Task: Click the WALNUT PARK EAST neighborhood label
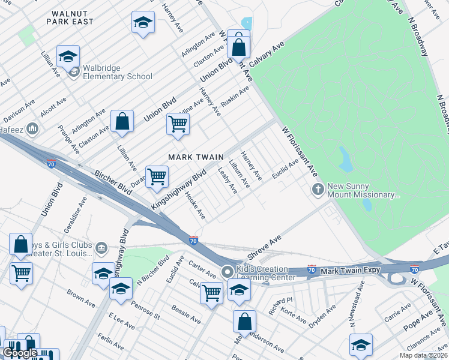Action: (x=72, y=17)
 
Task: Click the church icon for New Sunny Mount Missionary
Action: (x=318, y=190)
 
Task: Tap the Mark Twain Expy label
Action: (x=346, y=272)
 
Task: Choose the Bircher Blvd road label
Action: (x=112, y=181)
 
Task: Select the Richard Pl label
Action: (x=280, y=303)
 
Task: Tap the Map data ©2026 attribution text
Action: (x=424, y=355)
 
